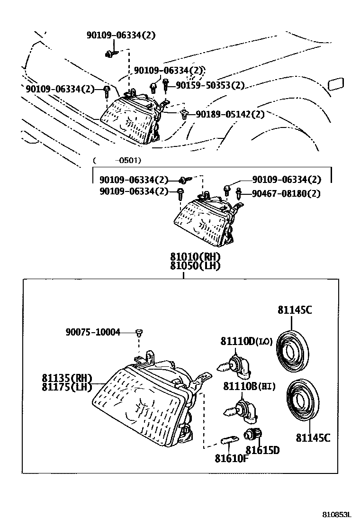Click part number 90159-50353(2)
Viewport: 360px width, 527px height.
click(x=210, y=85)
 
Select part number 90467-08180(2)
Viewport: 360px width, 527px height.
click(x=286, y=193)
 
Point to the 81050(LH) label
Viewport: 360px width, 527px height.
click(x=196, y=266)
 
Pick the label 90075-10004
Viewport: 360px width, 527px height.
click(x=93, y=332)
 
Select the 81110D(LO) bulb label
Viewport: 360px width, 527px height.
click(x=246, y=341)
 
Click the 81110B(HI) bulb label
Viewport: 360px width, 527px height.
click(x=249, y=387)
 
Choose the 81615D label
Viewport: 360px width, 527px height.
click(x=262, y=450)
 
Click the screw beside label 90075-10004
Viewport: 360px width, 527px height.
click(x=139, y=332)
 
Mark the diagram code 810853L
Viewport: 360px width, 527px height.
click(x=338, y=515)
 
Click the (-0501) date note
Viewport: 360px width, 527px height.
click(x=117, y=160)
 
